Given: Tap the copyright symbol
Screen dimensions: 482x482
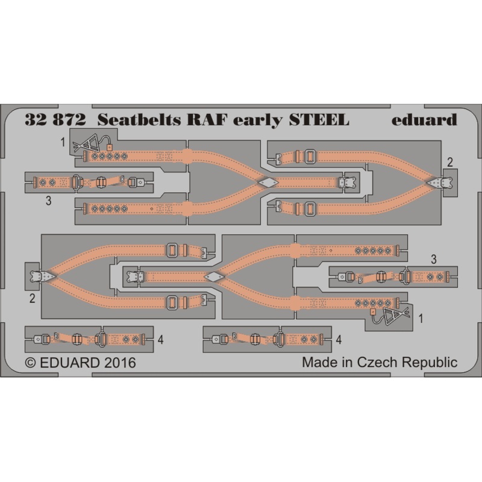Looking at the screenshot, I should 30,363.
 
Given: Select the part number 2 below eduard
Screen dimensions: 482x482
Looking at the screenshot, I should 450,161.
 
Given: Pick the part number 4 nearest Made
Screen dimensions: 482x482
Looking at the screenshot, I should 339,340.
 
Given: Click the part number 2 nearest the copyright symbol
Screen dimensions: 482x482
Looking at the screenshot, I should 31,297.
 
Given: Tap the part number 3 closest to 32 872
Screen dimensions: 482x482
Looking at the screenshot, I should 48,202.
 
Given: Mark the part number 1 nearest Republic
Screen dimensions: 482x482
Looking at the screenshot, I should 421,318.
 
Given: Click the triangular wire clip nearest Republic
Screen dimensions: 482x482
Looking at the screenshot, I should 398,315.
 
